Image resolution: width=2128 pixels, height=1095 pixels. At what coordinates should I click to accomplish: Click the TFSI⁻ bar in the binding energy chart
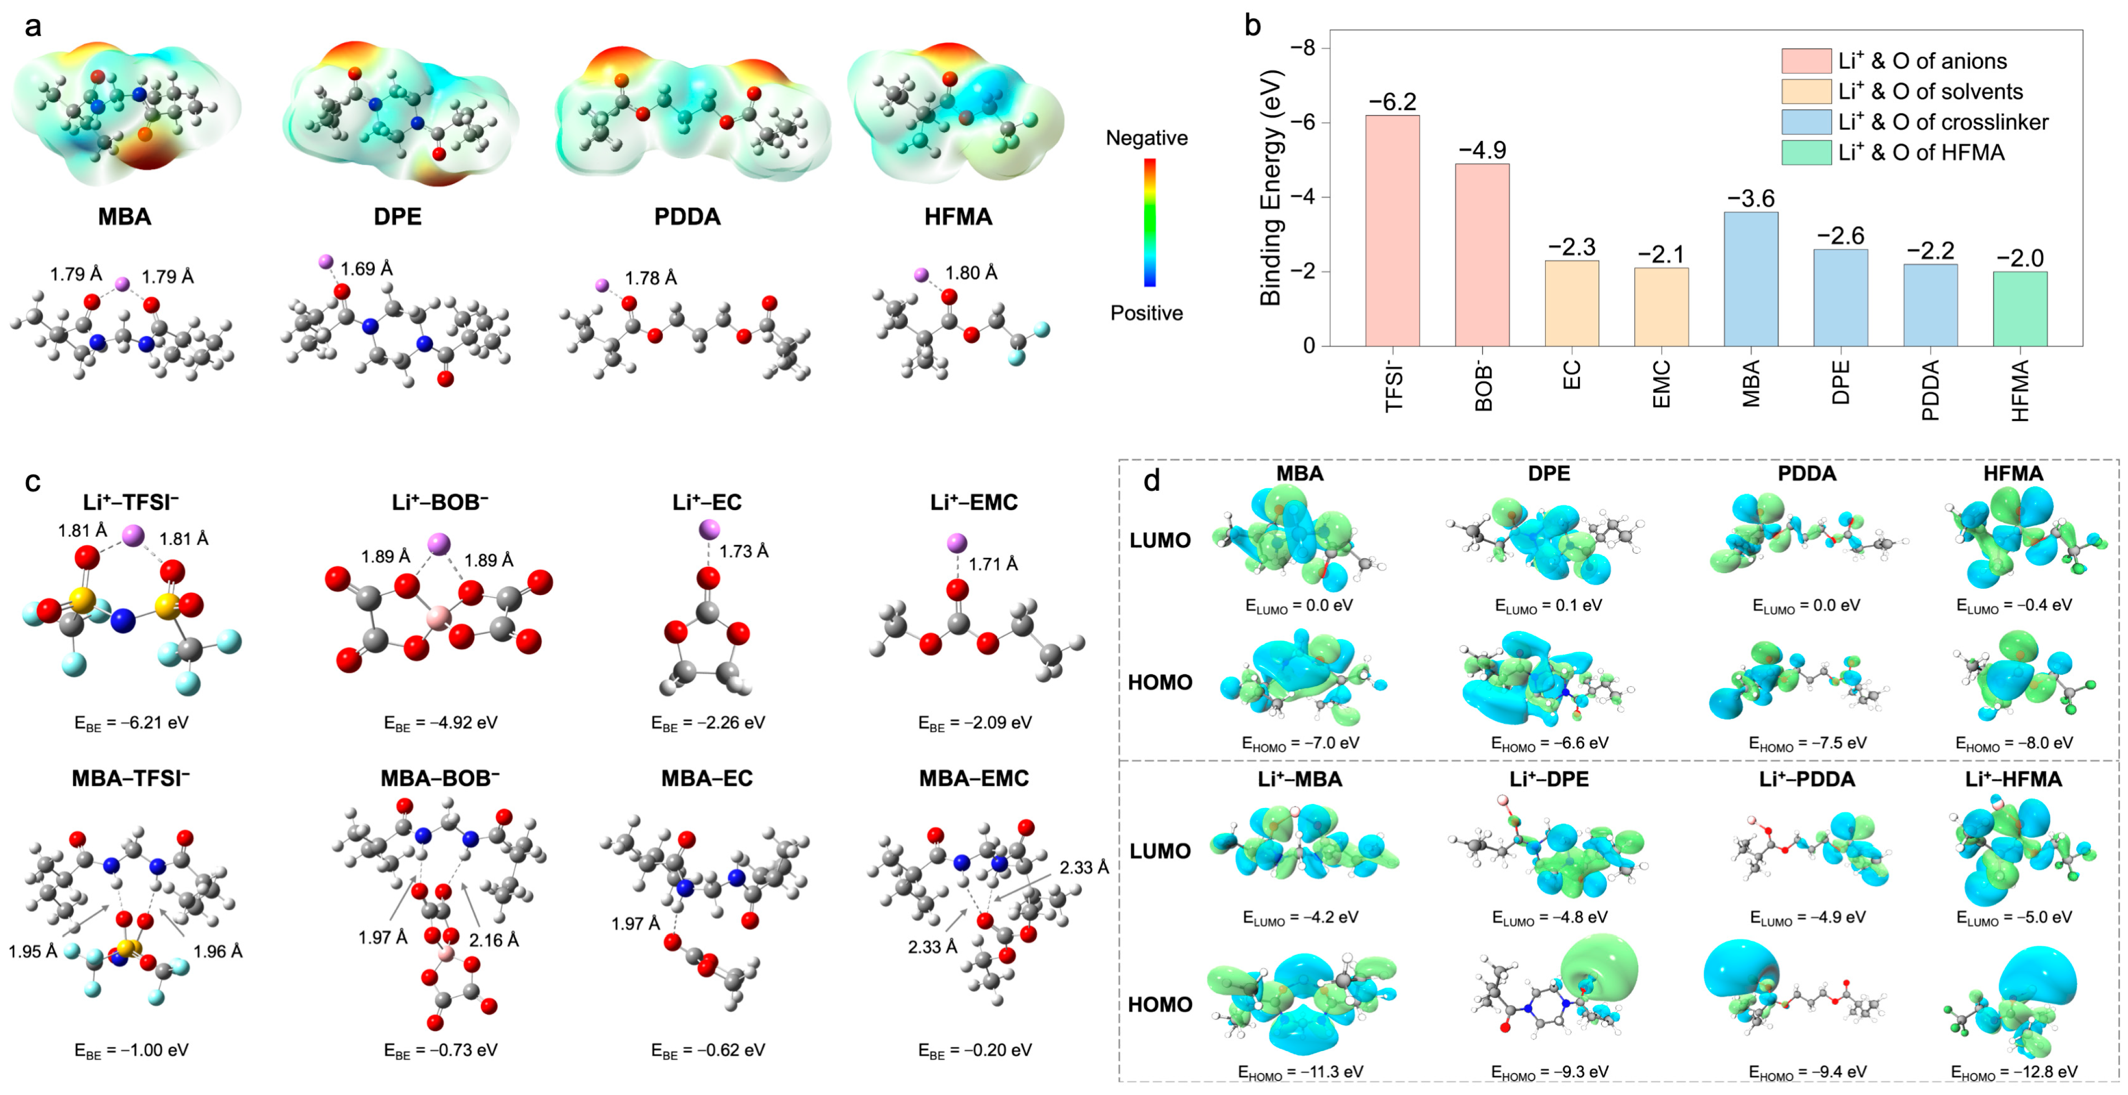[1392, 231]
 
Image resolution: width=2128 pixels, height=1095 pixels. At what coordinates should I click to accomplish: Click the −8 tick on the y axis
[1303, 48]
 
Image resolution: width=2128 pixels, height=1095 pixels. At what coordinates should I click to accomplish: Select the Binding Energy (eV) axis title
[1270, 189]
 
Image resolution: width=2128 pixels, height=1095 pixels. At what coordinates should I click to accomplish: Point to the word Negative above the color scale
[1147, 138]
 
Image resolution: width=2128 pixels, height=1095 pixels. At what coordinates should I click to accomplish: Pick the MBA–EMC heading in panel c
[974, 778]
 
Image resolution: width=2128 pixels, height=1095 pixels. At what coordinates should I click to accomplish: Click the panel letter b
[1252, 26]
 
